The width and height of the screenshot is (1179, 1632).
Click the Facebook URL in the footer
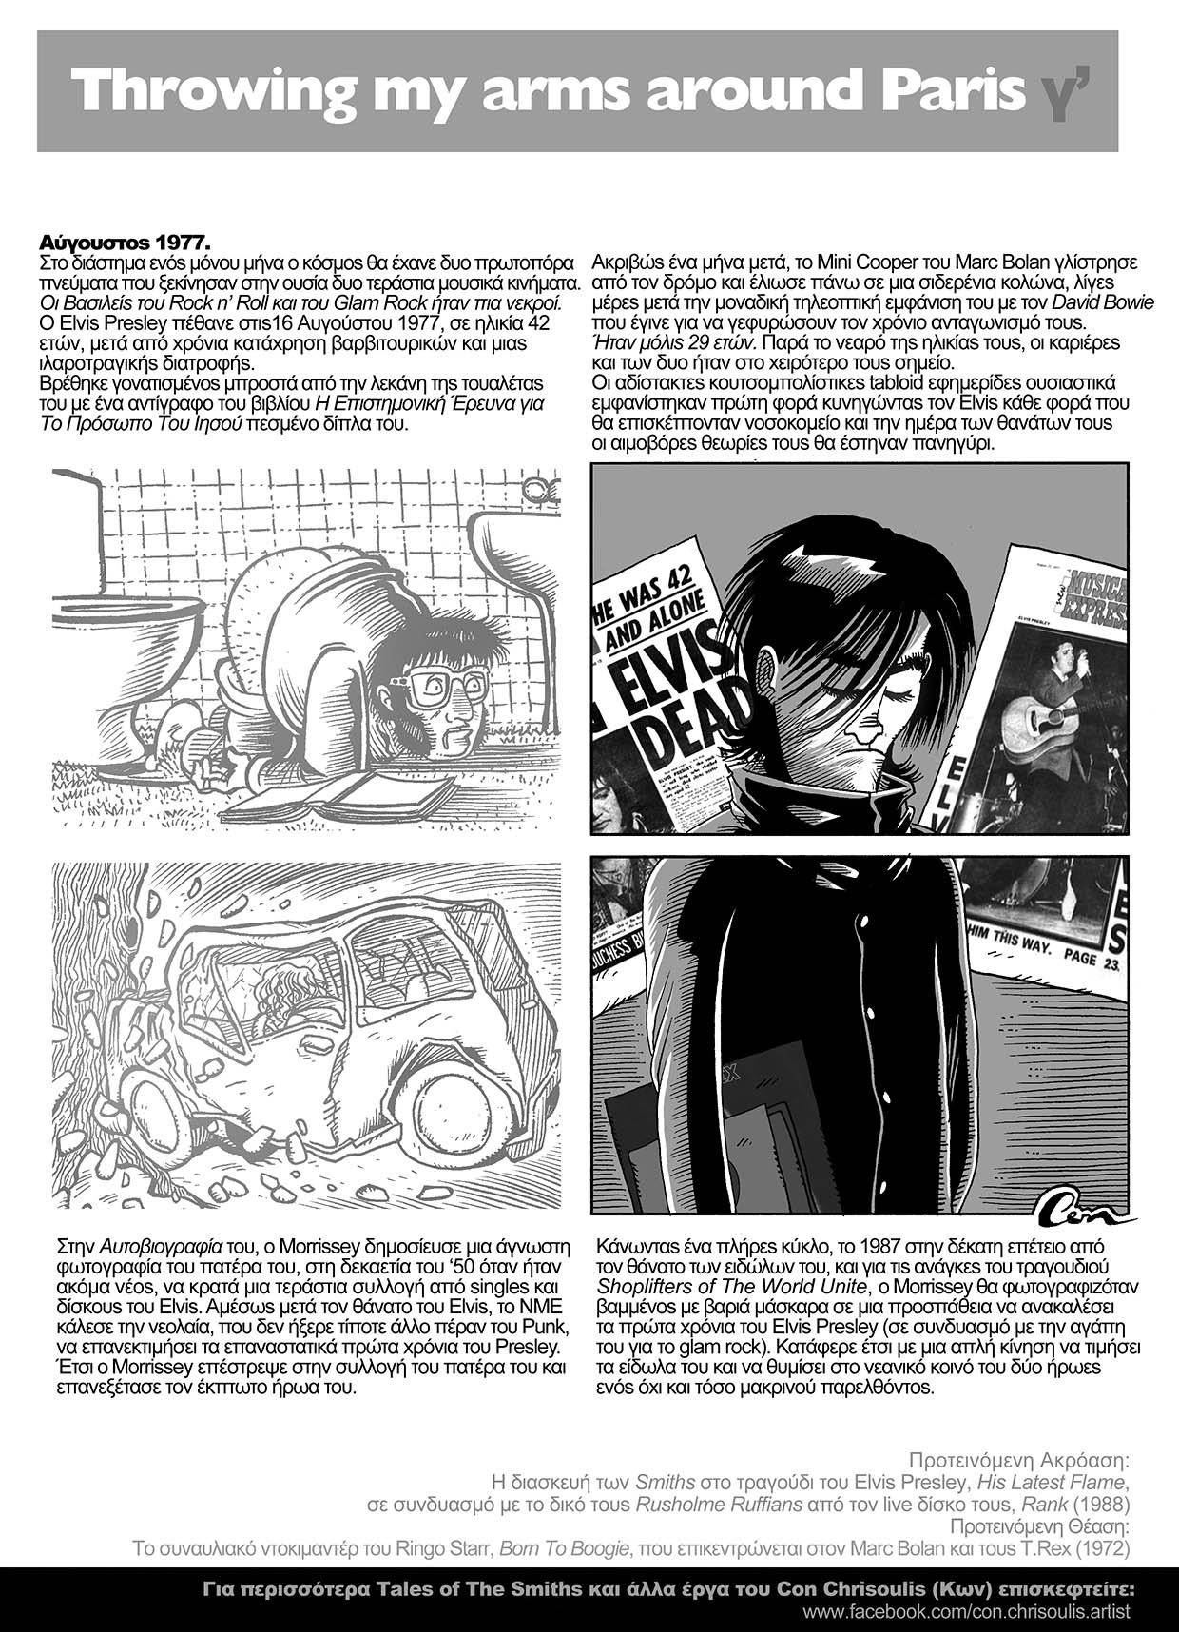point(966,1612)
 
